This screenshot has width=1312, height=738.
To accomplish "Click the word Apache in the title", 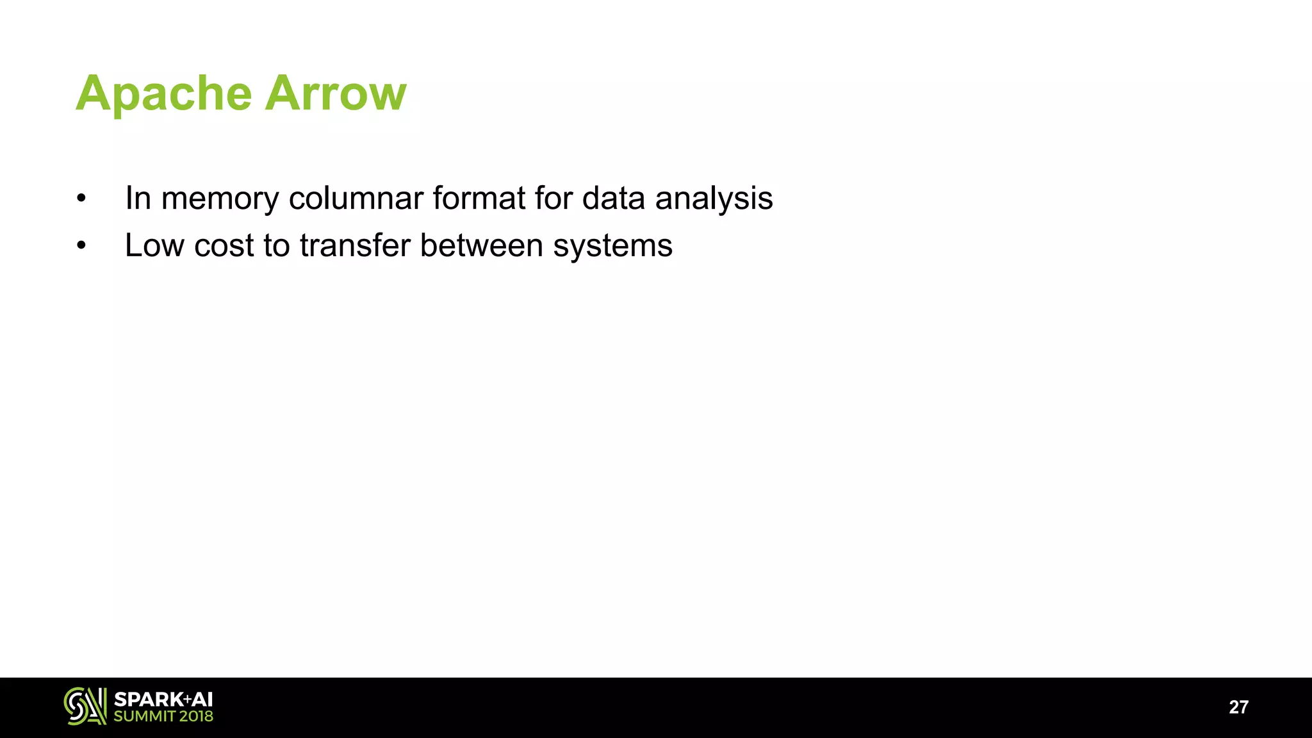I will [164, 94].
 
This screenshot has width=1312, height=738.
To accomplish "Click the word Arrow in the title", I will [336, 94].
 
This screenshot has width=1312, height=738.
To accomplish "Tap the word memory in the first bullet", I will [220, 199].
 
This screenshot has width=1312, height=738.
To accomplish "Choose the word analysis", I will [714, 199].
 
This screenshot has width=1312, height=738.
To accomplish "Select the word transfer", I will [355, 245].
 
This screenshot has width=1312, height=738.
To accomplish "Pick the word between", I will [481, 245].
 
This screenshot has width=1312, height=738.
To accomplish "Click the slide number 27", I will [1238, 707].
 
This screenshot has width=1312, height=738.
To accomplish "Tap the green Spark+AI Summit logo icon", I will [85, 706].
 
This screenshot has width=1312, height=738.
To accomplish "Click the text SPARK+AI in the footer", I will [163, 700].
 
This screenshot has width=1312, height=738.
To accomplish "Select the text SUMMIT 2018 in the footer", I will [163, 716].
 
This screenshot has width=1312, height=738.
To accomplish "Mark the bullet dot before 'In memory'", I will [81, 199].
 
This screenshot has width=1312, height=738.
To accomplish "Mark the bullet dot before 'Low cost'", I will [81, 246].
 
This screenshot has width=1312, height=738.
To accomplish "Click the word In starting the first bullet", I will [138, 199].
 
